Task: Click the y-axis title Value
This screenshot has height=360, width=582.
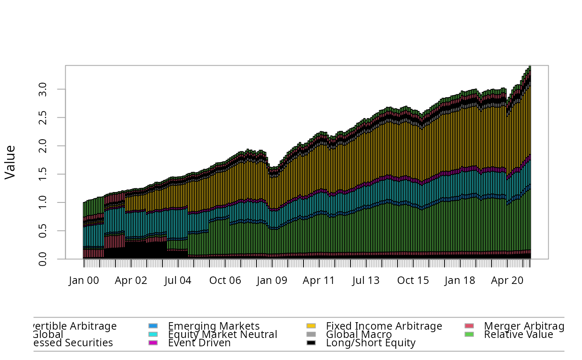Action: coord(10,162)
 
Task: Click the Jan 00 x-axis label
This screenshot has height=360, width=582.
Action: coord(84,281)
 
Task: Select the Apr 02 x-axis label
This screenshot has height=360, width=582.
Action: coord(131,281)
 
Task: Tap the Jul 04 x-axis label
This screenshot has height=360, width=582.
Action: coord(178,281)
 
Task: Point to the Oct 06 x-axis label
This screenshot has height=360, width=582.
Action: coord(225,281)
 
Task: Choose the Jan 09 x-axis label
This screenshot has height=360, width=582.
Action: coord(272,281)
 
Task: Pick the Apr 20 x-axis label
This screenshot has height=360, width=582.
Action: coord(507,281)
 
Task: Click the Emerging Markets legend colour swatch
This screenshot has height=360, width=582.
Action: coord(153,326)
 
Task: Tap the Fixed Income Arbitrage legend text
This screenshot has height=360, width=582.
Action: coord(384,326)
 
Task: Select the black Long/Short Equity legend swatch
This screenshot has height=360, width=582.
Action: coord(311,343)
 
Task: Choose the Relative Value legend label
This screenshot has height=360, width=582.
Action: coord(518,335)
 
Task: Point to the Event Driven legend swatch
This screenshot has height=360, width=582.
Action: coord(153,343)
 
